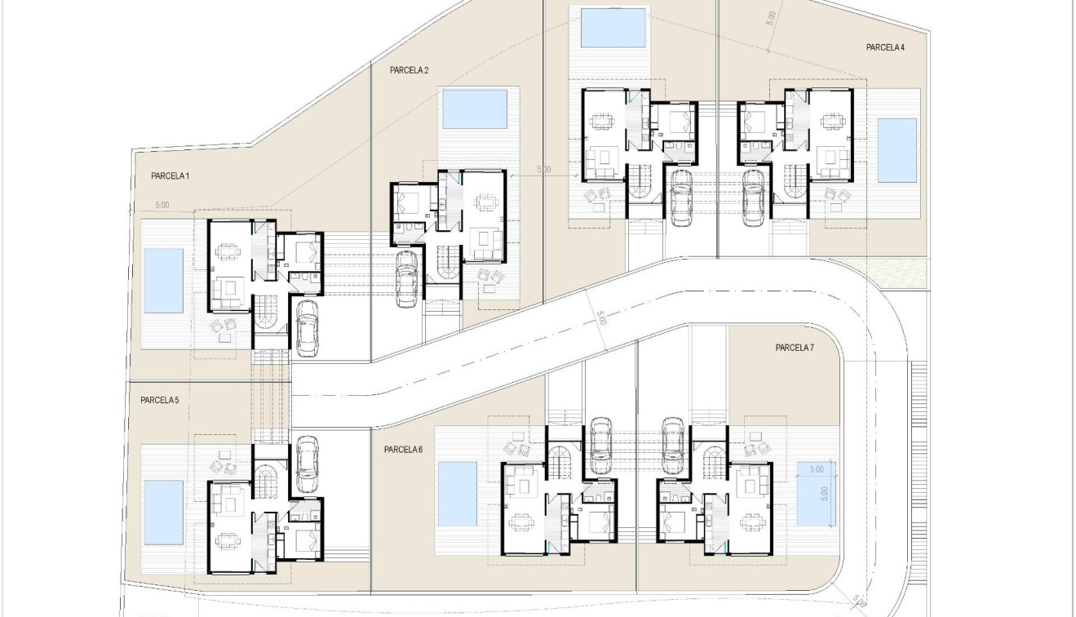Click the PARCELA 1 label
(x=170, y=176)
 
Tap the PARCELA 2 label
(x=409, y=71)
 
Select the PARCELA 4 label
(x=885, y=48)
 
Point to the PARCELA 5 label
(x=159, y=401)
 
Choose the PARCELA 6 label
(x=403, y=450)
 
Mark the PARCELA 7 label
(x=795, y=348)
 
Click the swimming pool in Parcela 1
(x=164, y=281)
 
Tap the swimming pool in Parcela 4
(x=897, y=150)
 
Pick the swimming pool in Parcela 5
(x=164, y=513)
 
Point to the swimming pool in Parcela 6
(x=458, y=494)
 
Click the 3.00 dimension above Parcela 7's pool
(x=816, y=469)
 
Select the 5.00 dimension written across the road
(x=602, y=318)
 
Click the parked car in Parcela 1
(x=307, y=327)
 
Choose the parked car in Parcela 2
(x=407, y=278)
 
